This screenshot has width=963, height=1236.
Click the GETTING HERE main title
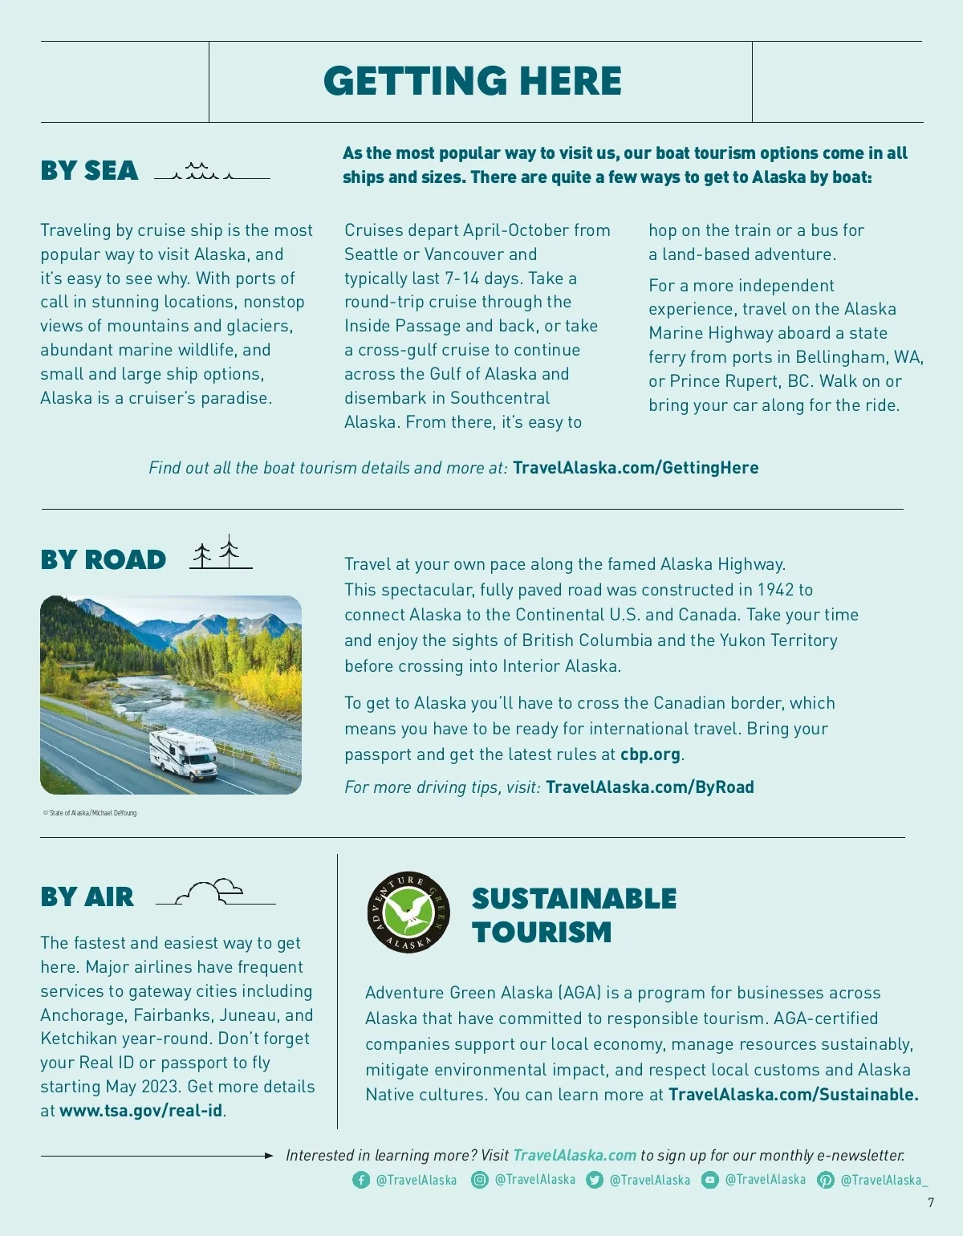(x=473, y=81)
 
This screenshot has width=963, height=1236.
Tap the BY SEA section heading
(x=89, y=171)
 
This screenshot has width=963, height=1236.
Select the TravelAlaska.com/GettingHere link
(x=636, y=468)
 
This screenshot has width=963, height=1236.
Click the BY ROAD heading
(x=103, y=559)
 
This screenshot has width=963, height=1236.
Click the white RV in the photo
(x=184, y=753)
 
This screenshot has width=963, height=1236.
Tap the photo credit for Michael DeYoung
(x=90, y=813)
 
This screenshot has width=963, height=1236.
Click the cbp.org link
(x=650, y=754)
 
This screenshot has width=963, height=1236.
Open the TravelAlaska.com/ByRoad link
(x=649, y=787)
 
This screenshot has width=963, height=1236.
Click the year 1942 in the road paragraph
(x=775, y=590)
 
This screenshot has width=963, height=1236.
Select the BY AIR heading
(x=87, y=897)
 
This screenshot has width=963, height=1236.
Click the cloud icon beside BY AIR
(x=213, y=891)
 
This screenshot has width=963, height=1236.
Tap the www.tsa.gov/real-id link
(x=140, y=1111)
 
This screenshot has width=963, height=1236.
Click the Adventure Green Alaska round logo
(x=408, y=912)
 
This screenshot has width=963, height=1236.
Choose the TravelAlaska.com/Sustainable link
(x=793, y=1095)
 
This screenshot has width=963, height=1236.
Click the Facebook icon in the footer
(x=361, y=1180)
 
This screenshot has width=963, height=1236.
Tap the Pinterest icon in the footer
(x=825, y=1180)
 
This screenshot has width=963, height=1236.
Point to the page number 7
(x=931, y=1202)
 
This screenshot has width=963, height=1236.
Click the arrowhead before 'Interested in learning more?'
(x=269, y=1156)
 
